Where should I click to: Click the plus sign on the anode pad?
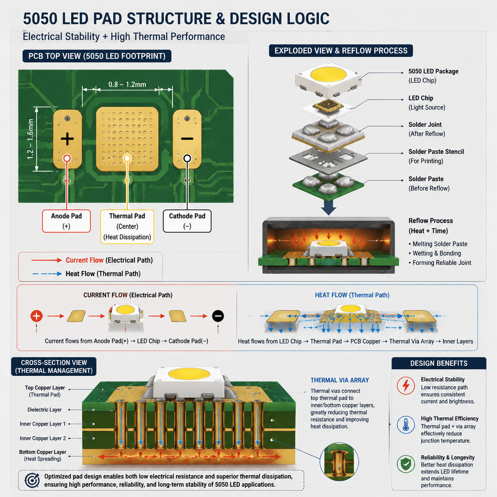point(67,139)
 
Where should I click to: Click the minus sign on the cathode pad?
point(187,139)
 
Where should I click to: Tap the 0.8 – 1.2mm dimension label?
point(127,84)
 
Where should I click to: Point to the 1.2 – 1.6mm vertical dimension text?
point(30,139)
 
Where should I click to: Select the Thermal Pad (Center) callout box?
point(127,226)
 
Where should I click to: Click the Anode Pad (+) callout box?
point(67,221)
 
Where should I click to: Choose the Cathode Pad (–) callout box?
point(187,221)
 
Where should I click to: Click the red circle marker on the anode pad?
point(67,158)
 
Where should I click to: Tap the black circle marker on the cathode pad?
point(187,158)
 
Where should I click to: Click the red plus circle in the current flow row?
point(36,316)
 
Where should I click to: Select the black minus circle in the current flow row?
point(218,316)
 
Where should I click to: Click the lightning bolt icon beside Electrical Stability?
point(406,386)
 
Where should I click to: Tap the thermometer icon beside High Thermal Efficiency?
point(406,425)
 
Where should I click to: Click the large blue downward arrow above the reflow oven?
point(328,207)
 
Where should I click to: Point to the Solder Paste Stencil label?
point(436,152)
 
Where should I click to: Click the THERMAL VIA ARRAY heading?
point(340,380)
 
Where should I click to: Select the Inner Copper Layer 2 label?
point(43,438)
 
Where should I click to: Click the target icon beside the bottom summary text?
point(32,480)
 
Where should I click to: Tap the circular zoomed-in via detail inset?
point(339,461)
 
